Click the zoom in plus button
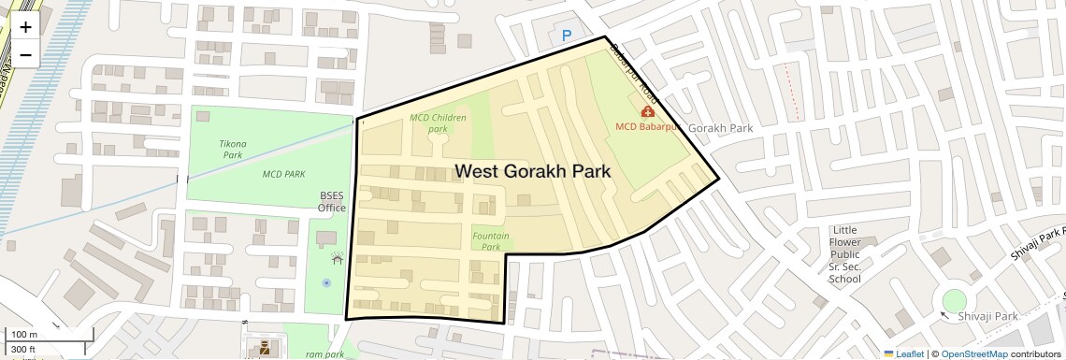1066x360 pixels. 25,27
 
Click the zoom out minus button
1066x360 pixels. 25,54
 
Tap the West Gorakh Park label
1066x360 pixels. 532,172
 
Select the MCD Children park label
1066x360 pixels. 438,123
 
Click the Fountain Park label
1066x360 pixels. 491,241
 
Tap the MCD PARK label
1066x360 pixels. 283,174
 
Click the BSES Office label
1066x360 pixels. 331,202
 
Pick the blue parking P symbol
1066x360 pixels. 566,36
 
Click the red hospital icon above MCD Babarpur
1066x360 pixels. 647,112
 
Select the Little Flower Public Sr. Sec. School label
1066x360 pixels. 844,254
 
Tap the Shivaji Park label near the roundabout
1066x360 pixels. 992,317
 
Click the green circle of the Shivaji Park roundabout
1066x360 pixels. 954,301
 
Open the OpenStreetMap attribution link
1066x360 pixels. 974,353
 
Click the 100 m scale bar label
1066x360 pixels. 24,335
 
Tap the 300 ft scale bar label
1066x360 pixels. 24,349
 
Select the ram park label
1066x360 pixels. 324,354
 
